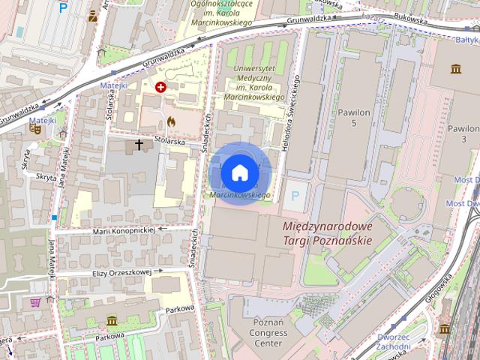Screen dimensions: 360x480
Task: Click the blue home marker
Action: (x=239, y=172)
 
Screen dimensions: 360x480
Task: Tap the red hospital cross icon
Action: (x=160, y=88)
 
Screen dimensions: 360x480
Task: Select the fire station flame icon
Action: (x=171, y=119)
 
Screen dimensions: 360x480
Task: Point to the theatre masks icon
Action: (x=34, y=128)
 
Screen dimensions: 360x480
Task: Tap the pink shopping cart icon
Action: (x=35, y=302)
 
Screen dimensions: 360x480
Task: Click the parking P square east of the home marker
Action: (x=294, y=195)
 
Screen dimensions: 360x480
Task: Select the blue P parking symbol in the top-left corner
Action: (x=63, y=8)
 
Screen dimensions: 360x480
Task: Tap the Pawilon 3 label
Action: (x=463, y=133)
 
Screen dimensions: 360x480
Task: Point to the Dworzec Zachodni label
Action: (x=394, y=341)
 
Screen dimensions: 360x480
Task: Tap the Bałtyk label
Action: (x=467, y=39)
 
